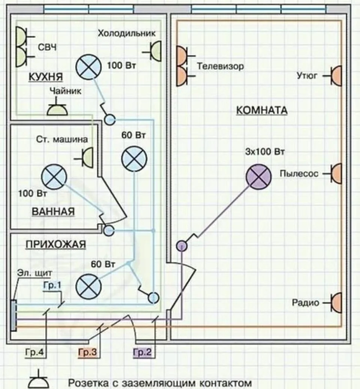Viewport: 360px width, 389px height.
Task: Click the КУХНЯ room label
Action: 46,77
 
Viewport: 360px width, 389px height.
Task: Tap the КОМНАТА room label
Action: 262,111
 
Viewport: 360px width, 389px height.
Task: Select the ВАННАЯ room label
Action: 53,212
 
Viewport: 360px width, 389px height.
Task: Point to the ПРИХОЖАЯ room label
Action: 56,244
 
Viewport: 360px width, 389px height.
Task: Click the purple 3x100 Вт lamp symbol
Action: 258,177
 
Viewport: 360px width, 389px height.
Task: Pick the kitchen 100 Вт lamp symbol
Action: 88,67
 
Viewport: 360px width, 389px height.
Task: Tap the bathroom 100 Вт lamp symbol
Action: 54,177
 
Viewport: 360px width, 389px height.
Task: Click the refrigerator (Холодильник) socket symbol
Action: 152,51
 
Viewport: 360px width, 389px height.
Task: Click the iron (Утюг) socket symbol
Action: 333,76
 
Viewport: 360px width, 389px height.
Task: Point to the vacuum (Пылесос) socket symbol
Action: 333,174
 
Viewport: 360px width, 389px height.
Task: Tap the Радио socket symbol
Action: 333,303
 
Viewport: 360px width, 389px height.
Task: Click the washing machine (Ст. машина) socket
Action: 84,157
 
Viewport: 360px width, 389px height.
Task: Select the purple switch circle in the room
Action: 182,246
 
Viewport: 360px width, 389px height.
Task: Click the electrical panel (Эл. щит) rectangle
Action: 13,315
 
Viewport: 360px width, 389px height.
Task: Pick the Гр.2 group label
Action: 142,352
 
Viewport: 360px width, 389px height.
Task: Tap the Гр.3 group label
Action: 87,352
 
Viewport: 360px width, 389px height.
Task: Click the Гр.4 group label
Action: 34,352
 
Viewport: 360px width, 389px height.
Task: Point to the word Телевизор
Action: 220,66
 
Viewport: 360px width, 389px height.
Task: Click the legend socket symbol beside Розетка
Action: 39,379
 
